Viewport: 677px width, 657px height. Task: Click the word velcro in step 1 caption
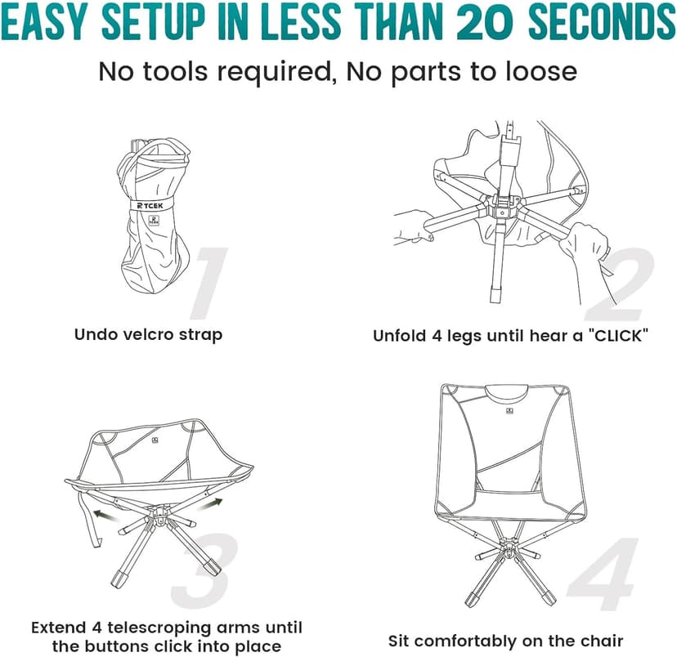[146, 334]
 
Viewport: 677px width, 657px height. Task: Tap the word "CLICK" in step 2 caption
[601, 335]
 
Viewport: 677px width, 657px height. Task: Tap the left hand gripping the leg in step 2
[413, 226]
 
